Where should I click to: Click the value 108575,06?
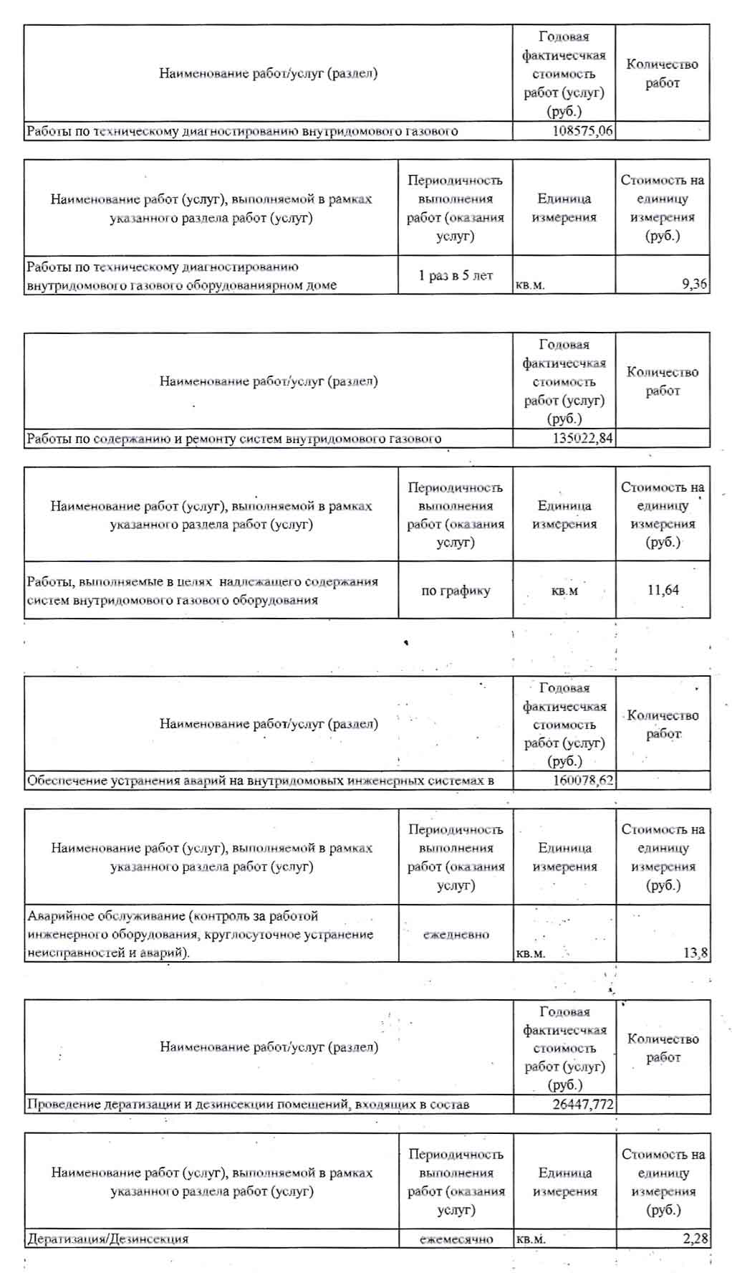[583, 131]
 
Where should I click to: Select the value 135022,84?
[582, 438]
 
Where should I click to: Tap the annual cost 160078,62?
[583, 781]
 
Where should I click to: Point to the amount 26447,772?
[583, 1105]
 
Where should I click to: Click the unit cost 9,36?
[694, 285]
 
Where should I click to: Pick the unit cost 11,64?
[663, 590]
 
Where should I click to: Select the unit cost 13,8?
[695, 953]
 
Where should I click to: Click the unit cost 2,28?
[695, 1239]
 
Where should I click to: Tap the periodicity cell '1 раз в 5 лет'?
[456, 275]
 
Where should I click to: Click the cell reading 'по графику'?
[456, 591]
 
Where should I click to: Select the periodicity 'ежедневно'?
[456, 935]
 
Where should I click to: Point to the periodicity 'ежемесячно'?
[456, 1239]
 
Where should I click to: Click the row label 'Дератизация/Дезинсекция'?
[107, 1239]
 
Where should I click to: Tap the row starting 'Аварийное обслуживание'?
[201, 934]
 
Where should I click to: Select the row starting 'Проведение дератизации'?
[248, 1105]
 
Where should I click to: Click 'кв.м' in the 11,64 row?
[564, 591]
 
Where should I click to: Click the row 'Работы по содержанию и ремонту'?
[233, 438]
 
